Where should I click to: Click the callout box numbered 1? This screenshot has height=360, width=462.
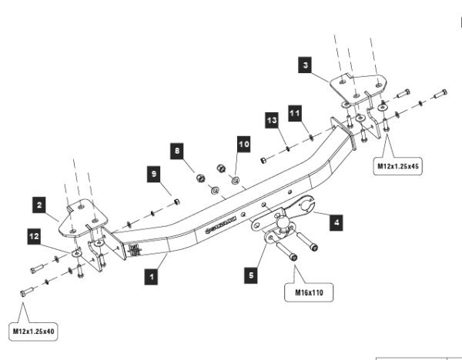(x=155, y=272)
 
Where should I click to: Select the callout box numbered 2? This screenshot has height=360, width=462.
(x=37, y=205)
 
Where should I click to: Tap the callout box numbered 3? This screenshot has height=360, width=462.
(x=306, y=67)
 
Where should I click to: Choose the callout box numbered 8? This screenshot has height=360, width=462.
(x=178, y=152)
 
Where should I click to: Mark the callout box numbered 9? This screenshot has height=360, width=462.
(x=154, y=175)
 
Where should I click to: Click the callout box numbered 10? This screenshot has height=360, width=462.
(x=243, y=143)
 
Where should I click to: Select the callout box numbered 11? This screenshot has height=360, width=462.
(x=295, y=112)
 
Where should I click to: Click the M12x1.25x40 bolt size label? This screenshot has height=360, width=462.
(x=34, y=332)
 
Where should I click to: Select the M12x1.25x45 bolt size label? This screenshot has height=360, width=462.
(x=398, y=165)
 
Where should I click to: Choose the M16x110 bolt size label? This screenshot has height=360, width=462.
(x=309, y=293)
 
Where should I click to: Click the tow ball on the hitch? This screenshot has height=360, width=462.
(x=283, y=223)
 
